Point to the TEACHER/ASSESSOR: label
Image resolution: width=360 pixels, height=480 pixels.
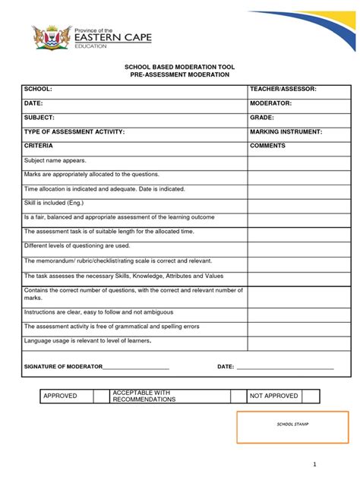283,89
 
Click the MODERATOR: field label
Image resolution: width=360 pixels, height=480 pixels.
271,103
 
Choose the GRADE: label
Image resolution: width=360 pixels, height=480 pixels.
262,118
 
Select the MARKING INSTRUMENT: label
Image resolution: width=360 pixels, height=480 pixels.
286,131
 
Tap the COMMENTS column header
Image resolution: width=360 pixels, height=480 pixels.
267,145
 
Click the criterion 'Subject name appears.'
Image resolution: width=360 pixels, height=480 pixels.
55,160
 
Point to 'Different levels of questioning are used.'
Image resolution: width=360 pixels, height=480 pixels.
77,246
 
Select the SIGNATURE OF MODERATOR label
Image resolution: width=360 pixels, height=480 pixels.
63,367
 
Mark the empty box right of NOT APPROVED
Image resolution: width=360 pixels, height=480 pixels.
311,396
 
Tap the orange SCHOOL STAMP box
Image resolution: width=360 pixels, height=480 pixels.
292,427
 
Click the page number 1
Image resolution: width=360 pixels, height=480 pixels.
333,464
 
